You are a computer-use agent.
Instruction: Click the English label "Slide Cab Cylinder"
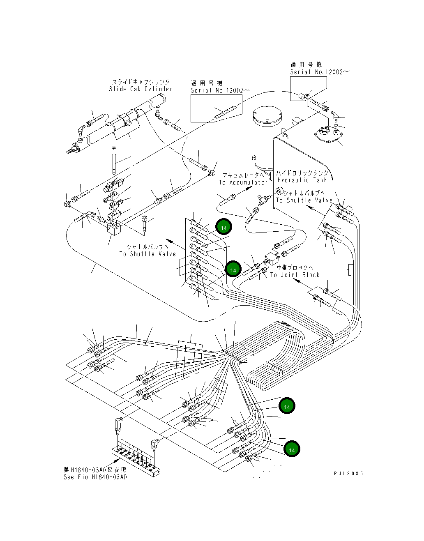point(141,89)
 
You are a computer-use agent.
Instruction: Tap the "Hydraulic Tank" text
point(302,180)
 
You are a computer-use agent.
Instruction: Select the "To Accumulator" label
point(243,182)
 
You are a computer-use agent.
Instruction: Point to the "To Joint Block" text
point(295,275)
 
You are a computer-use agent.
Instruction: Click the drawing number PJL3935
point(348,474)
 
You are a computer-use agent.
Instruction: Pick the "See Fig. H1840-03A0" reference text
point(95,477)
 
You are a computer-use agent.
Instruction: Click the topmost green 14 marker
point(224,228)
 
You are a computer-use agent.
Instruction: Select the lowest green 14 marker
point(292,450)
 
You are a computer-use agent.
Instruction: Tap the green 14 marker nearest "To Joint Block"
point(233,269)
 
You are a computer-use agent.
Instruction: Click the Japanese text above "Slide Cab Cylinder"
point(141,82)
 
